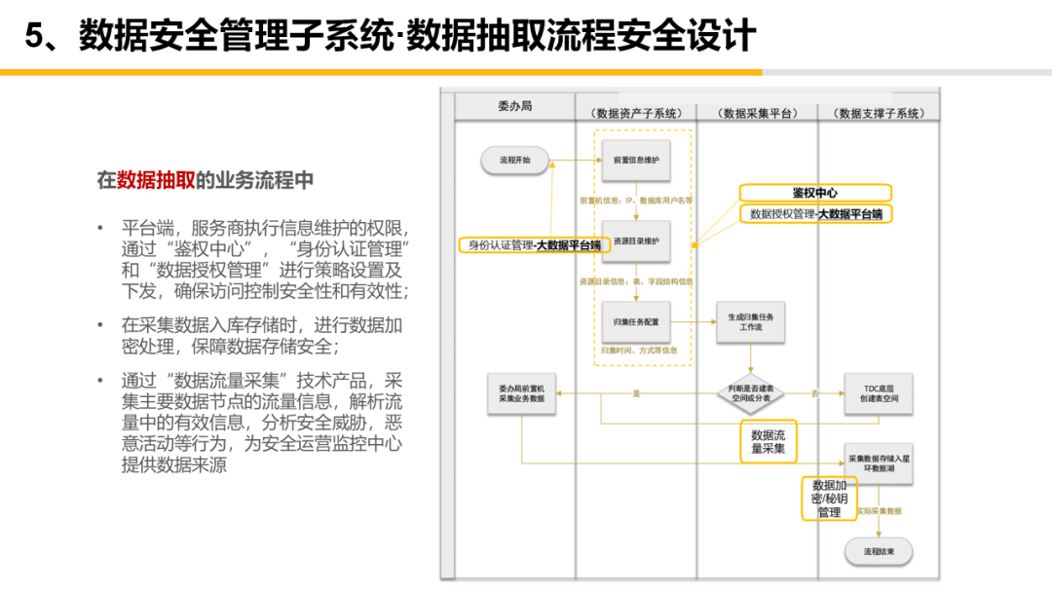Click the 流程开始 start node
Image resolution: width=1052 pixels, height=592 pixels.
point(515,160)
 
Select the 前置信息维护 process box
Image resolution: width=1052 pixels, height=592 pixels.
point(636,160)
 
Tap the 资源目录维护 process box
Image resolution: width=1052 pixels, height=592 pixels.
point(636,241)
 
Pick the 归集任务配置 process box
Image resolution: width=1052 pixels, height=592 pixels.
point(636,321)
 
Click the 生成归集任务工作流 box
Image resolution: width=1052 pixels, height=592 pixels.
point(750,322)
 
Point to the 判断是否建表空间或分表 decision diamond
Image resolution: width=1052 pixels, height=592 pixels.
point(750,392)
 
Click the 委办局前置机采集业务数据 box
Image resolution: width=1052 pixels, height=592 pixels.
point(522,392)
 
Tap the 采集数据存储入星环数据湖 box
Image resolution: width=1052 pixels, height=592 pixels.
point(877,462)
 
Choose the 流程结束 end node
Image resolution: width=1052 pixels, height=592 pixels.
point(878,552)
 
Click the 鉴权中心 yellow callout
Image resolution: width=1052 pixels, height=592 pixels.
point(814,193)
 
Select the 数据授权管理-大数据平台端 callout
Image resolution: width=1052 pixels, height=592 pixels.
point(816,214)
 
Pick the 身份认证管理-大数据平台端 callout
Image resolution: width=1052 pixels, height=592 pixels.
point(534,245)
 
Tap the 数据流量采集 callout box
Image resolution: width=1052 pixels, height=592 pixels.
point(768,442)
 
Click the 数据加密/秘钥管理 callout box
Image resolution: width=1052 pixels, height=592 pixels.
point(829,499)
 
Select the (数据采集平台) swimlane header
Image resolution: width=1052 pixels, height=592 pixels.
point(758,113)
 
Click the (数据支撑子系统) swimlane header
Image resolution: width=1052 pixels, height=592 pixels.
point(879,113)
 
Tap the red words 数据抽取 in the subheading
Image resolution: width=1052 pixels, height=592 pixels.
point(156,180)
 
